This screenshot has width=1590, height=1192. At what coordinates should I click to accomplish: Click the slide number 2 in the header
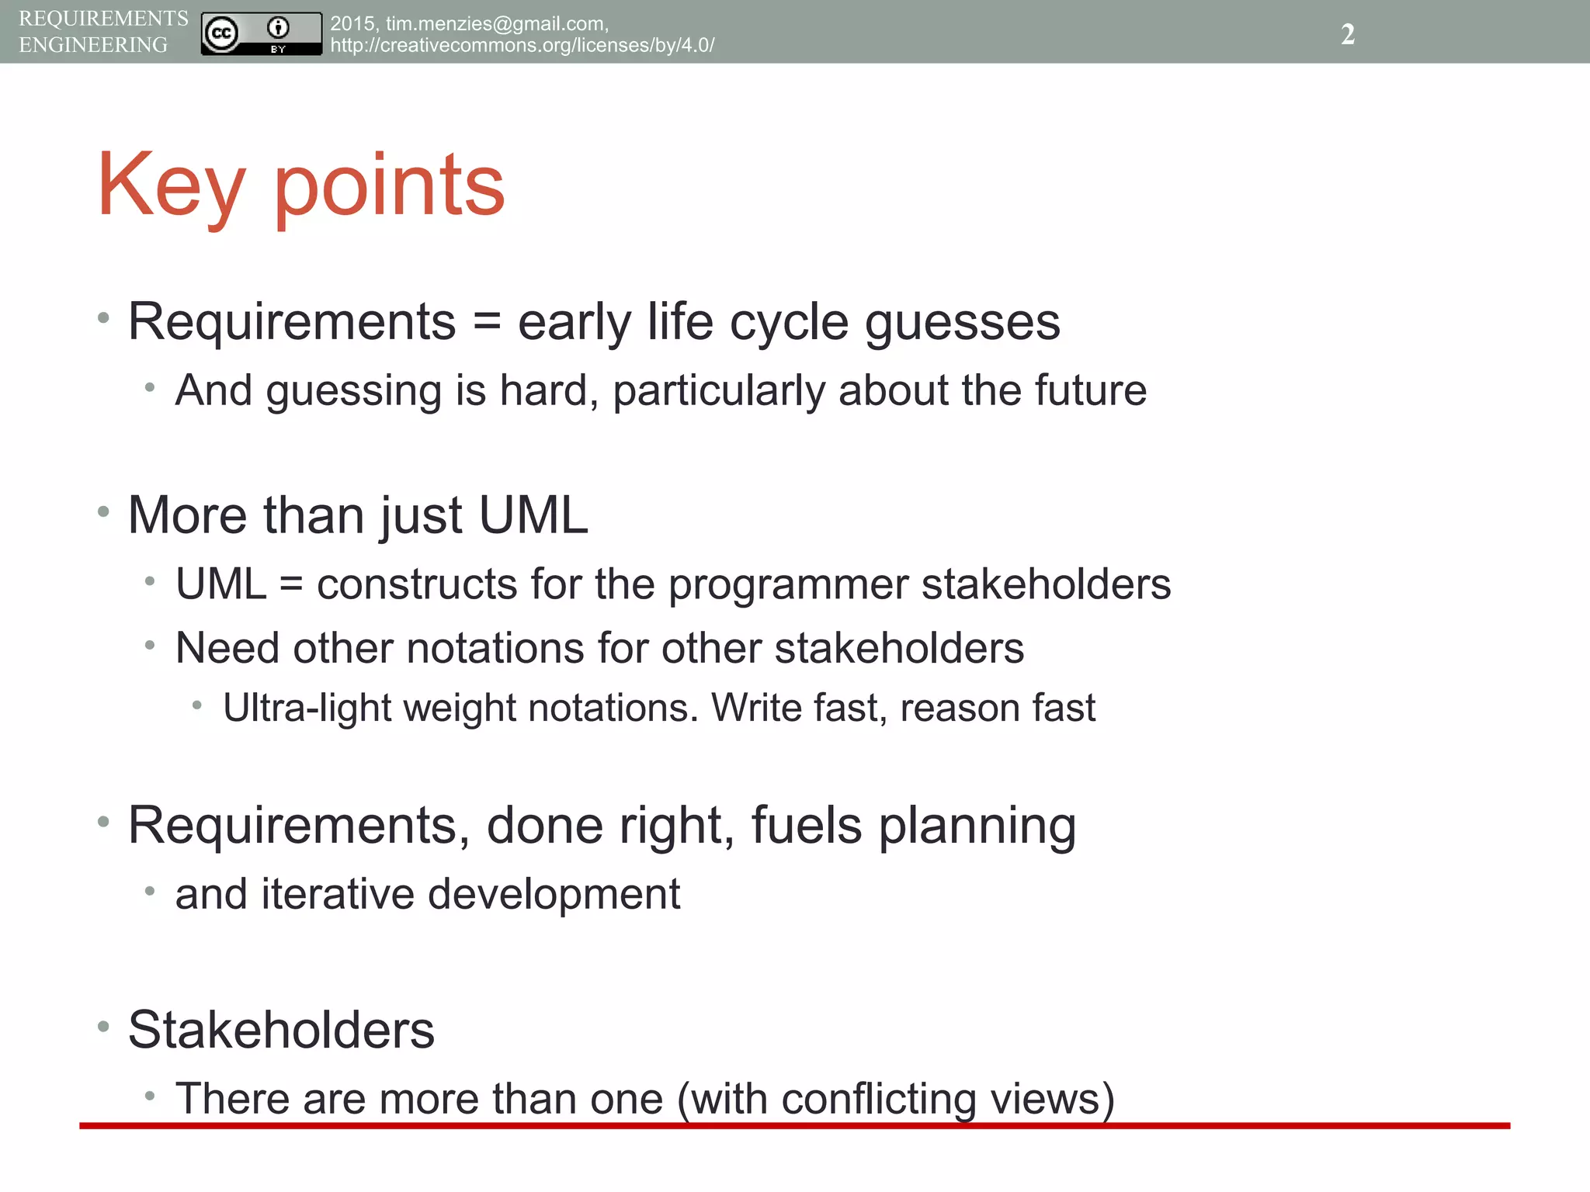[1348, 34]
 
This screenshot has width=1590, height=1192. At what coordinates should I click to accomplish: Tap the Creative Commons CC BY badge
[261, 34]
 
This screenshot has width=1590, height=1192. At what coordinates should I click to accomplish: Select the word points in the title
[390, 186]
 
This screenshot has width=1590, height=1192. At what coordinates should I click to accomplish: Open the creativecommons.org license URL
[522, 45]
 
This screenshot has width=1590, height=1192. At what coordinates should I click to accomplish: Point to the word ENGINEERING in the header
[93, 45]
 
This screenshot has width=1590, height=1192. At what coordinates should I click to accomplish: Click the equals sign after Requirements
[487, 321]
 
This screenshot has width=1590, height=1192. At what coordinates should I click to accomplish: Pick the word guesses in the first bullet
[963, 323]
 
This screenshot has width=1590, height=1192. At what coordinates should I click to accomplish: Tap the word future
[1090, 390]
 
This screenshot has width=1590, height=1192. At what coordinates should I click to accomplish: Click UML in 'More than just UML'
[533, 515]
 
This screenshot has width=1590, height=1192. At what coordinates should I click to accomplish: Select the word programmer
[788, 584]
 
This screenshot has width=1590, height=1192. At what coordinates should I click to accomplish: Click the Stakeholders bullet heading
[281, 1031]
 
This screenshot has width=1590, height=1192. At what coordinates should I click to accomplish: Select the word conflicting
[879, 1100]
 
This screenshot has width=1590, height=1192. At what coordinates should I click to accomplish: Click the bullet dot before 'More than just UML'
[103, 511]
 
